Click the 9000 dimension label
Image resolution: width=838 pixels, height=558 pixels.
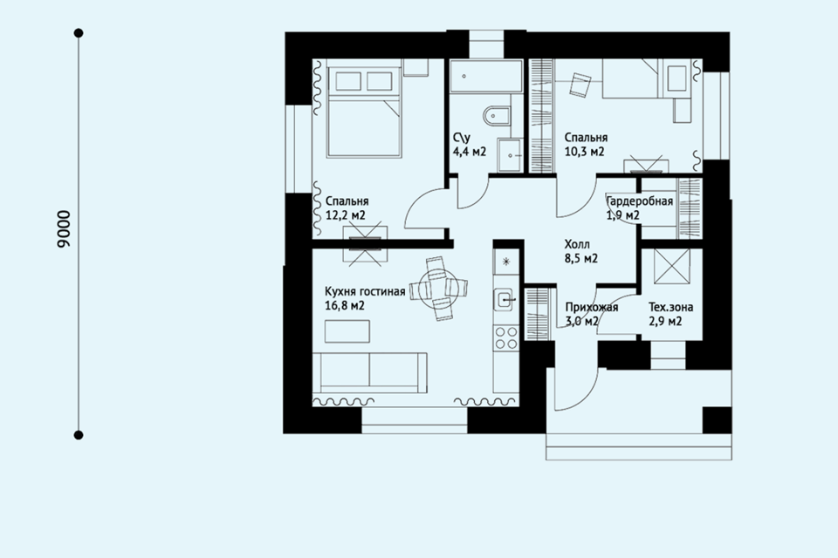(x=64, y=229)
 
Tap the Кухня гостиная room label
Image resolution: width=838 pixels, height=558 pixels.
(x=365, y=291)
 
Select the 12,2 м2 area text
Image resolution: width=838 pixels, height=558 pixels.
(x=346, y=215)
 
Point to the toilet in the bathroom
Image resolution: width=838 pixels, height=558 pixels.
(x=496, y=116)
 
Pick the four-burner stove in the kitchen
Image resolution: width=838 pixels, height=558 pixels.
(x=505, y=337)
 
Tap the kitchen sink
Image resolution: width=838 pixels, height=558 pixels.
(x=505, y=300)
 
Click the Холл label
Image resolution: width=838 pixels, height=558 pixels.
(x=577, y=245)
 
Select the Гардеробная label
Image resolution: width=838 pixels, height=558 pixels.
(x=639, y=201)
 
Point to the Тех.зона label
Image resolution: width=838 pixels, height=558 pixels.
(x=670, y=307)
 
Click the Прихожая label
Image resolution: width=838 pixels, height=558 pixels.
(x=592, y=307)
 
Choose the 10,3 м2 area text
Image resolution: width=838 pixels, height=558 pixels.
(x=585, y=152)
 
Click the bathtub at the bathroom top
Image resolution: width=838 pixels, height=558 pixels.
(x=486, y=77)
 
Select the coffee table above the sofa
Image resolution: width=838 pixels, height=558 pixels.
(x=347, y=331)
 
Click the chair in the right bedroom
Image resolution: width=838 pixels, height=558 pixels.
(x=580, y=84)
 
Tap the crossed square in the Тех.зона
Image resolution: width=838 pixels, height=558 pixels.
(x=672, y=267)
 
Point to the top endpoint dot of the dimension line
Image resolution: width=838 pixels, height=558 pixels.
(x=79, y=33)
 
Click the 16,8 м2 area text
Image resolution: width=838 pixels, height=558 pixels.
(x=345, y=306)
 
